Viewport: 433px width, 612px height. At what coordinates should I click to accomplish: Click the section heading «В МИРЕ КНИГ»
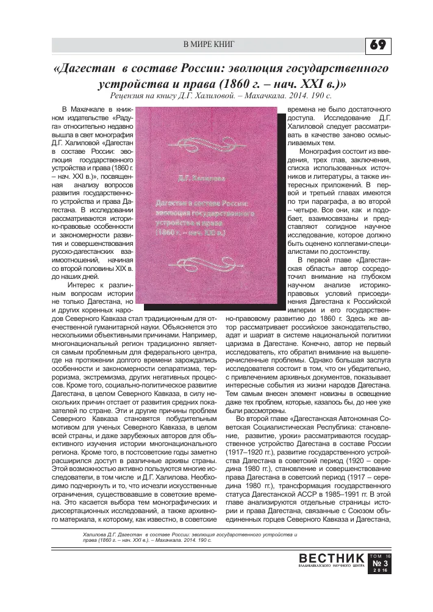coord(209,45)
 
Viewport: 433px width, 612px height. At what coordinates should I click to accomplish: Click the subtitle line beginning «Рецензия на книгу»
coord(220,96)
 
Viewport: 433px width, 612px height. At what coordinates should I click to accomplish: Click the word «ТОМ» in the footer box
coord(375,555)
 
